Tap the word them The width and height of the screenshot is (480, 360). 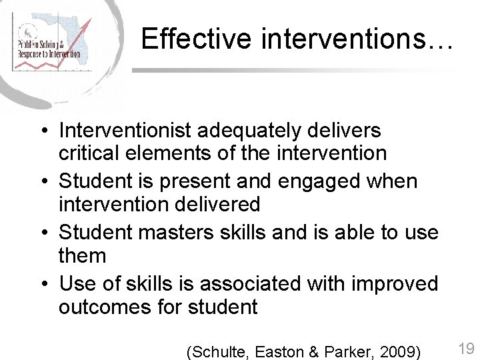pyautogui.click(x=83, y=255)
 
